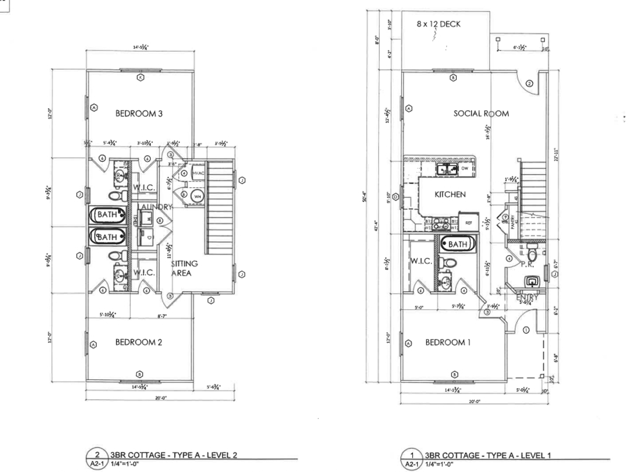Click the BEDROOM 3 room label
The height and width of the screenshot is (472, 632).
139,113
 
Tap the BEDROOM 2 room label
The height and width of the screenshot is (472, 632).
139,342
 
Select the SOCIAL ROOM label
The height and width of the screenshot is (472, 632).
481,114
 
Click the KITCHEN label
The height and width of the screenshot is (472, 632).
450,194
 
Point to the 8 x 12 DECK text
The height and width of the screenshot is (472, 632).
438,24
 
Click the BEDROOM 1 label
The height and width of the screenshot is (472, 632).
448,342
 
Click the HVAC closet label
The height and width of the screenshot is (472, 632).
198,173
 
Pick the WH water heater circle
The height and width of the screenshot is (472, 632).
197,197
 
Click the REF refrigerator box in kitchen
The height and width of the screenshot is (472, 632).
468,223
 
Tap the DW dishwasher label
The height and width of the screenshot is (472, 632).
464,168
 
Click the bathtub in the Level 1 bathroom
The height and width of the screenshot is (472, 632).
457,244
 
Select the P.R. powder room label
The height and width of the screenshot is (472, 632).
527,264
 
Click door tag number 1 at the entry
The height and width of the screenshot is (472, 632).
526,330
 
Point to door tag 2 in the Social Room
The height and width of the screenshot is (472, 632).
529,83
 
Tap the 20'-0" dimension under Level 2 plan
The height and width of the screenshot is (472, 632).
161,398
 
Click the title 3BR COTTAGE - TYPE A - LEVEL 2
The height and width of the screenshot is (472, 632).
173,455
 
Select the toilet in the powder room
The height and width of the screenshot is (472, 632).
532,253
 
